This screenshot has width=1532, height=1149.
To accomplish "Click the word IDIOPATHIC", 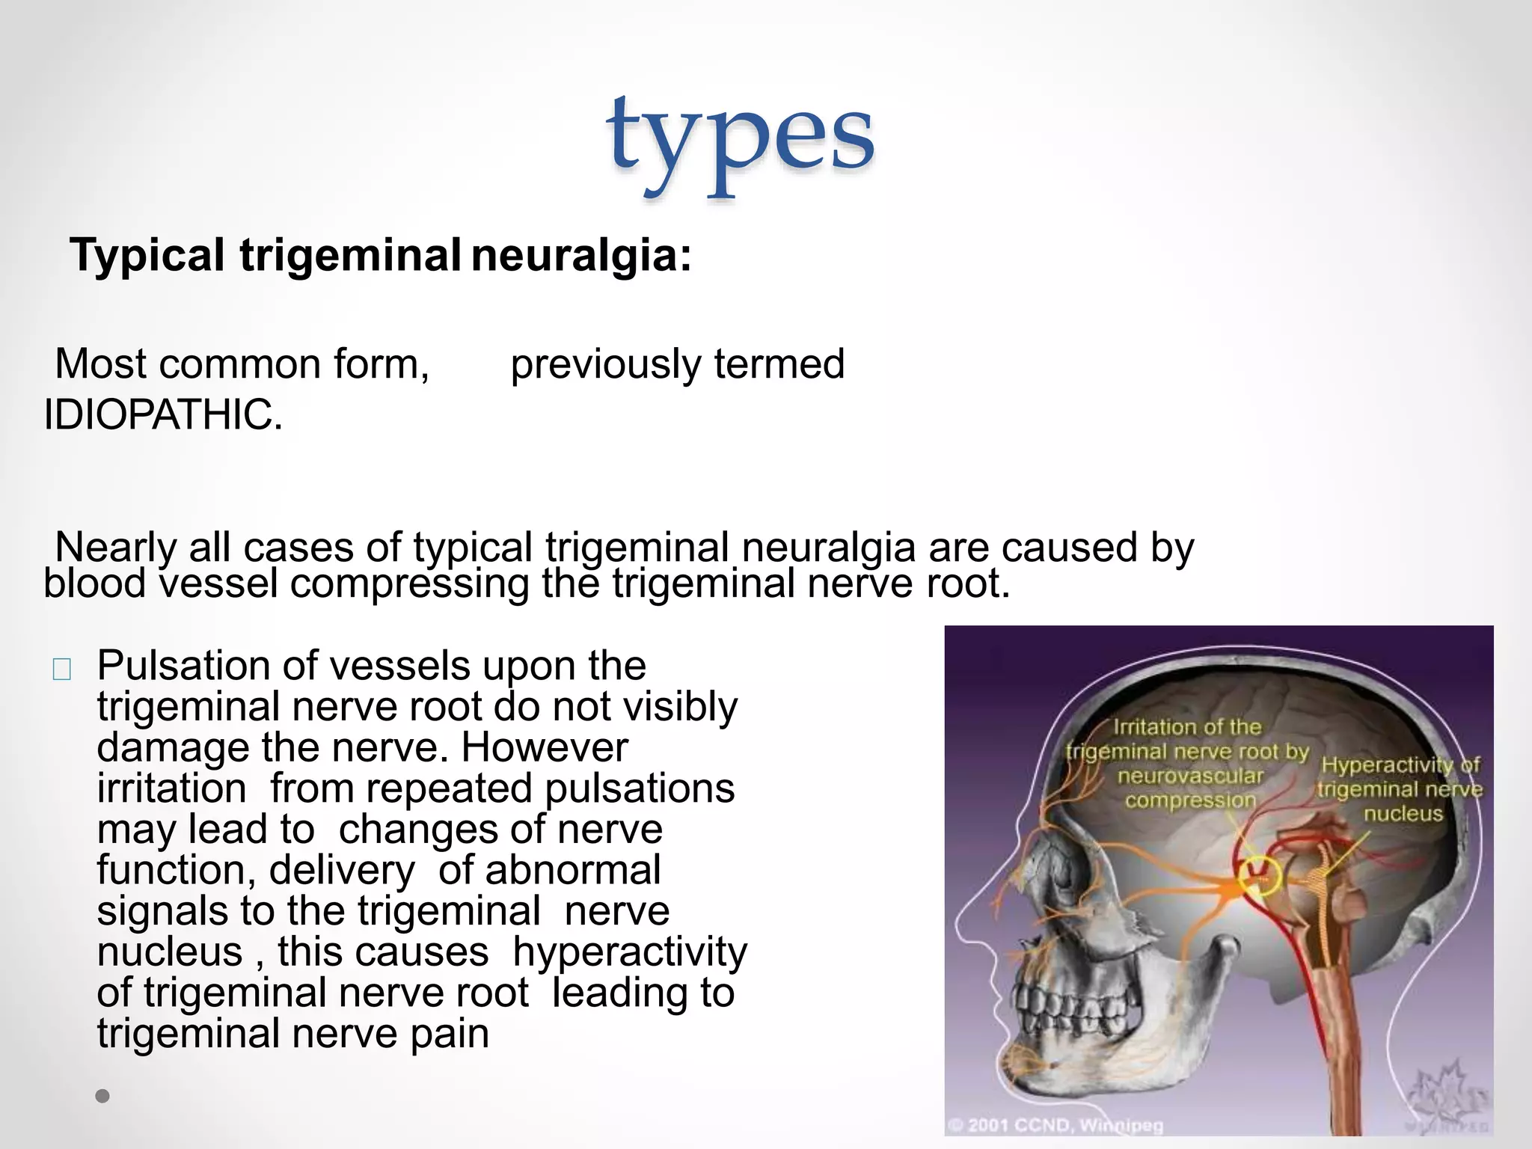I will click(x=163, y=415).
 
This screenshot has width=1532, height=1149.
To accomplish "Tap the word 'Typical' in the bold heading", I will click(x=147, y=255).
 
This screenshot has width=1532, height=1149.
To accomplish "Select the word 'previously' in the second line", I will click(x=605, y=364).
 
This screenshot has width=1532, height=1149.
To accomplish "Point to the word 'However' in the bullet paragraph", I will click(x=545, y=747).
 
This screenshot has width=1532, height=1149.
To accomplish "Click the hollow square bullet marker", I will click(x=62, y=669).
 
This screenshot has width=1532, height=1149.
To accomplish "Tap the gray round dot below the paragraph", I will click(x=102, y=1096).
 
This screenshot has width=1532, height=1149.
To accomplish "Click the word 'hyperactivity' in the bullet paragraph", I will click(x=630, y=952).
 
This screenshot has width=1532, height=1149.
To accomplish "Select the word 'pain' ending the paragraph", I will click(x=450, y=1034).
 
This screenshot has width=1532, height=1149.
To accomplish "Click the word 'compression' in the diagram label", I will click(x=1190, y=800).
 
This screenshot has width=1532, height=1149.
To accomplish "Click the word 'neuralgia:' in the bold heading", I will click(x=581, y=255).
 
